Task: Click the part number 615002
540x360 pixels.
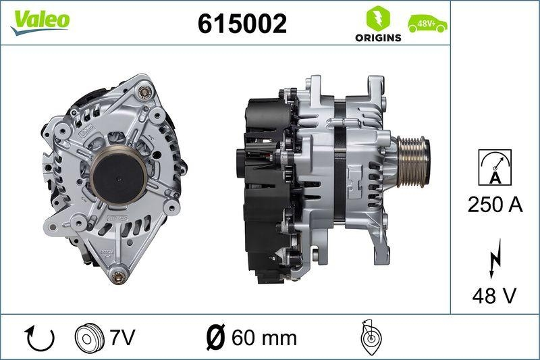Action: (242, 24)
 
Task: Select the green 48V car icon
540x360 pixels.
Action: (427, 25)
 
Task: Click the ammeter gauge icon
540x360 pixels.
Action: (495, 167)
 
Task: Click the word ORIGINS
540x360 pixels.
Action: (378, 38)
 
